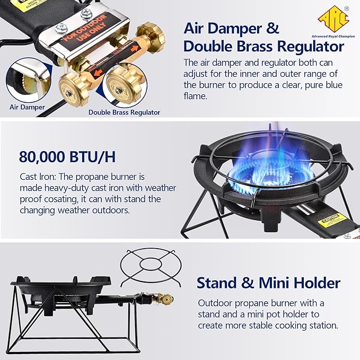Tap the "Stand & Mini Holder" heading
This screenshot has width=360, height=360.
click(x=268, y=283)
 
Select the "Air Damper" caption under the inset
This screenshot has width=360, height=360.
click(x=25, y=107)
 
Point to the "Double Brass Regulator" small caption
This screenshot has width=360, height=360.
click(x=124, y=112)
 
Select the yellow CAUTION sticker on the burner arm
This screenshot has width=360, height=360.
click(x=332, y=218)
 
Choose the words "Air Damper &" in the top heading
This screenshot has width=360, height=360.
click(x=231, y=28)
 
